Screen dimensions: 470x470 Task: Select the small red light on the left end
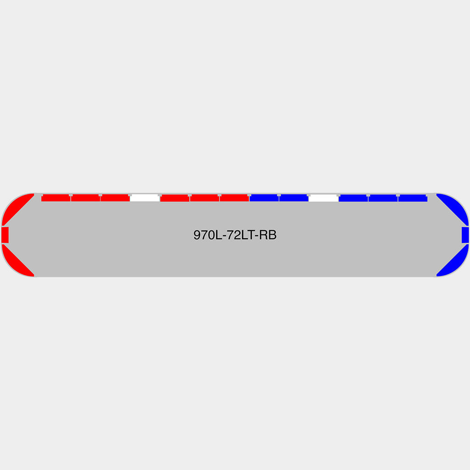pyautogui.click(x=5, y=235)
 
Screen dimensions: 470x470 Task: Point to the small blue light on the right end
pyautogui.click(x=465, y=235)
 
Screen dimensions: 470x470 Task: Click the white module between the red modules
pyautogui.click(x=145, y=198)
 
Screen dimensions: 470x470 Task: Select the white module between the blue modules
pyautogui.click(x=324, y=198)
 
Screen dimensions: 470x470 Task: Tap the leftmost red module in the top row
pyautogui.click(x=56, y=198)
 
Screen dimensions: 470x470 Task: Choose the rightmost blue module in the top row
pyautogui.click(x=413, y=198)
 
